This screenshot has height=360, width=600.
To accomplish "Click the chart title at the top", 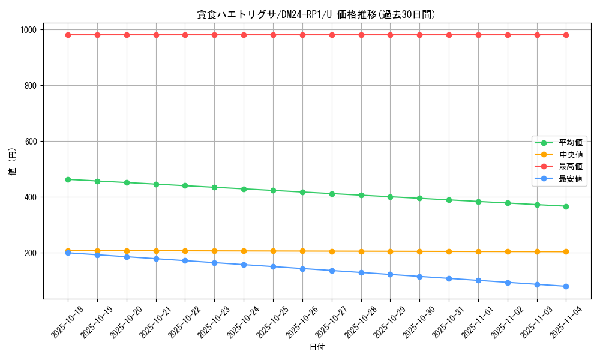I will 316,14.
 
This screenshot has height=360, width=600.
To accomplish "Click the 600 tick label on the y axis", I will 31,142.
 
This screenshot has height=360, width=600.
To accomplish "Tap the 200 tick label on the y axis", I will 31,253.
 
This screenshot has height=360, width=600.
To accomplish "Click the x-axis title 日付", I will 316,347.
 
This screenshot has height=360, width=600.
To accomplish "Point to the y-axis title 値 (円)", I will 12,162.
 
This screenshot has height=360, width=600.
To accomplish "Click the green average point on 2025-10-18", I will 68,179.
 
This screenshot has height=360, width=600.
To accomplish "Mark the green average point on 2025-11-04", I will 566,206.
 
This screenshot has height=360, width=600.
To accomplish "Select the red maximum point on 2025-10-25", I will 273,35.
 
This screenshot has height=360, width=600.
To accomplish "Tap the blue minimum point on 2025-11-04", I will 566,286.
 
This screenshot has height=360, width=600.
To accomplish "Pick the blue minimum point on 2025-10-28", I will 361,272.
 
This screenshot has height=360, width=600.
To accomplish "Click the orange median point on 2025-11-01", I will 478,251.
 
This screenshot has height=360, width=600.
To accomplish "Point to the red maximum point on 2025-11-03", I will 537,35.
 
